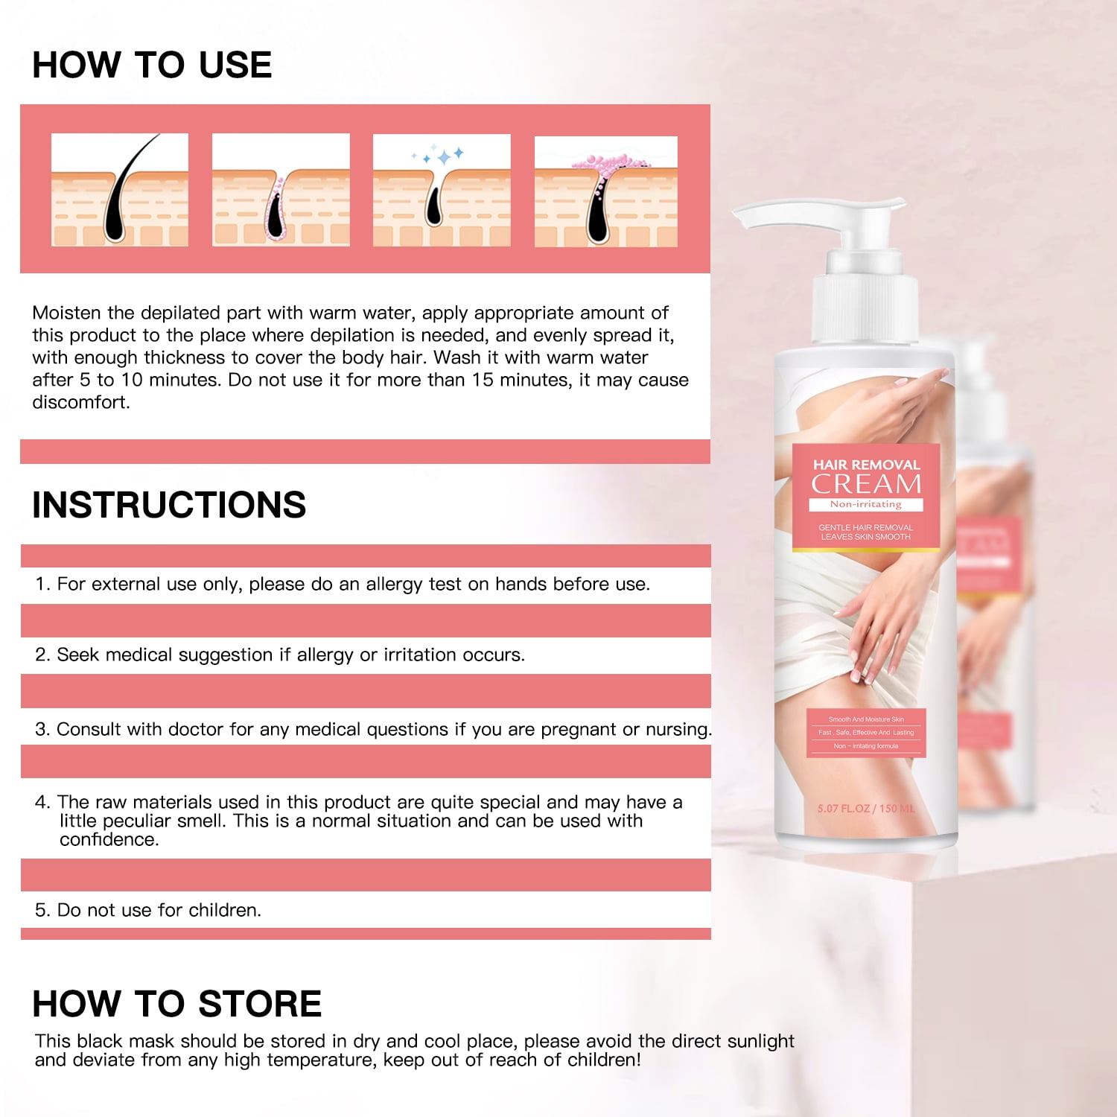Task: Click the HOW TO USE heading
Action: coord(152,65)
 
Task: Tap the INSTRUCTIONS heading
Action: coord(169,505)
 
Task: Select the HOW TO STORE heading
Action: coord(177,1004)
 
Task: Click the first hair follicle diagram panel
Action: coord(120,190)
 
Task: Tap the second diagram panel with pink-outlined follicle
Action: coord(281,190)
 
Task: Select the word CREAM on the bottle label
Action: coord(866,484)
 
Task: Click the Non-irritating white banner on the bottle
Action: coord(866,504)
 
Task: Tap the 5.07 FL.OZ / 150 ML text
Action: coord(865,809)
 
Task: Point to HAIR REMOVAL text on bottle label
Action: coord(866,465)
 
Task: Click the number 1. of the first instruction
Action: coord(42,585)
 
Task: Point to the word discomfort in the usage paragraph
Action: coord(80,402)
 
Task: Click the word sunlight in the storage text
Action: coord(760,1041)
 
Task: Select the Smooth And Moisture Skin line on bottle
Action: coord(866,719)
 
